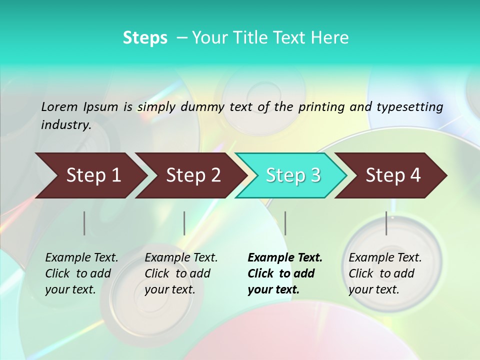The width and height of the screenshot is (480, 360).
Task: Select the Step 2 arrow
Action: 193,175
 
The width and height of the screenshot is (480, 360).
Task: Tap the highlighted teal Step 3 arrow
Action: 293,175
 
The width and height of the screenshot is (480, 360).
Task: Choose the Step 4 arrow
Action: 393,175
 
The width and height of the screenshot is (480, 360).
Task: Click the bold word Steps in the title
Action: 145,38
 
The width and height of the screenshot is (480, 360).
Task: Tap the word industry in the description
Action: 65,125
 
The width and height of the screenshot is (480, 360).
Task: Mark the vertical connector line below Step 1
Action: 84,223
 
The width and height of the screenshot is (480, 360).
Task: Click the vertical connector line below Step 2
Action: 184,223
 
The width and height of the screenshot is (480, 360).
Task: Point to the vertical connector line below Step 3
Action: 285,223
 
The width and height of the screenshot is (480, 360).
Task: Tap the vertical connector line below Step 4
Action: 386,223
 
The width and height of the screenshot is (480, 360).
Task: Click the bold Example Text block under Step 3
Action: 285,273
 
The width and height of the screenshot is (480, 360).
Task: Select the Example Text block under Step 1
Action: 81,273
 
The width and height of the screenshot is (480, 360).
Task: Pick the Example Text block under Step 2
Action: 181,273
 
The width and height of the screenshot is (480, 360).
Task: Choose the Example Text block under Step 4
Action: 385,273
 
